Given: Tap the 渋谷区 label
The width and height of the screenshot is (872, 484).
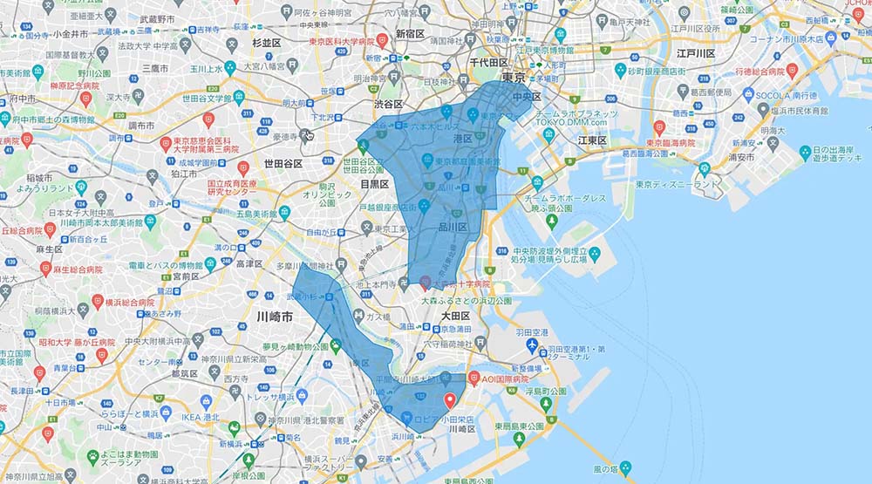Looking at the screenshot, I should point(383,103).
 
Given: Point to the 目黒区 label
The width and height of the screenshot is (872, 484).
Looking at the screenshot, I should point(375,185).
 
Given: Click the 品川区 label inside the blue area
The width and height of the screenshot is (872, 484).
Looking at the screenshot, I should point(452,228).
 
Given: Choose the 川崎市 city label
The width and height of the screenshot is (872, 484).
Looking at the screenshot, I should point(273,319).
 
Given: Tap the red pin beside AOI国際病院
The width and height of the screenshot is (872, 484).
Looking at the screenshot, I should point(474,378).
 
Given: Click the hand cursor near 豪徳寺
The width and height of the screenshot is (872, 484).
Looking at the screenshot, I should point(307,135).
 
